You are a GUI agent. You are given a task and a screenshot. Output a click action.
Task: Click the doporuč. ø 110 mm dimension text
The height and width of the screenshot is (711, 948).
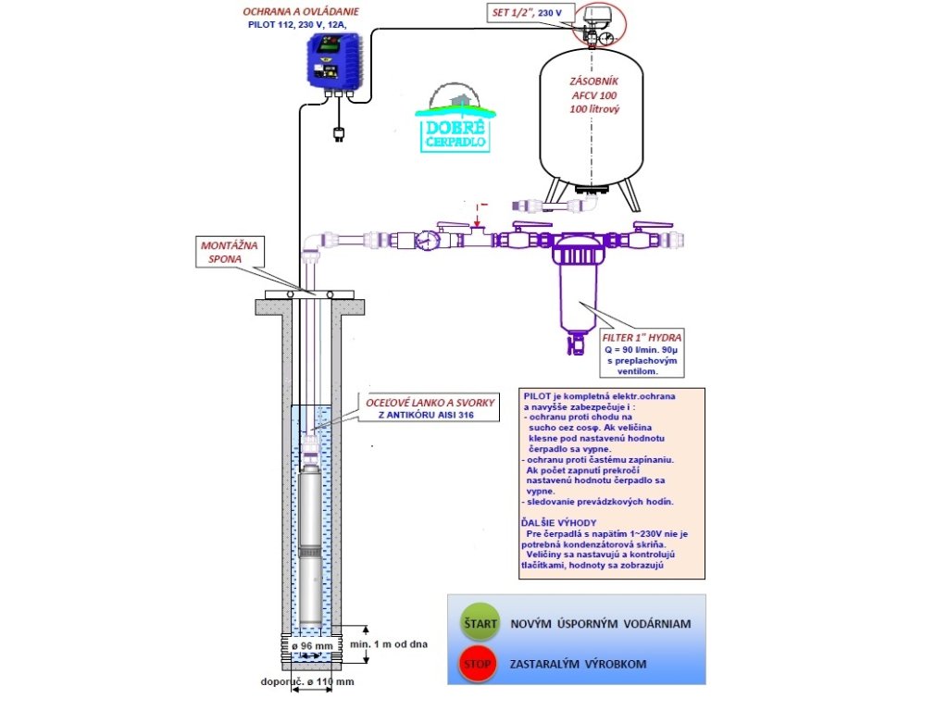[307, 682]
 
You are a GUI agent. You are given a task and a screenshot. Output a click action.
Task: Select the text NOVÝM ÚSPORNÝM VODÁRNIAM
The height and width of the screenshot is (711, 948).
[601, 624]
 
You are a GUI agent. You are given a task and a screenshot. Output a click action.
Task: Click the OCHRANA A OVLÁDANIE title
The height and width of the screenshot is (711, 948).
[302, 13]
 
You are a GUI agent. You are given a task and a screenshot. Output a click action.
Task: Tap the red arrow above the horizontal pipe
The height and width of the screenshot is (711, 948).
[477, 218]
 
